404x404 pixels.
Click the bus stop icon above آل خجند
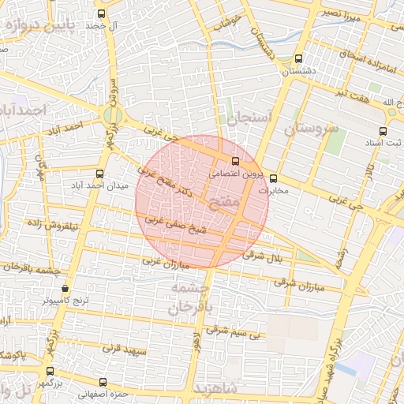[x=100, y=14]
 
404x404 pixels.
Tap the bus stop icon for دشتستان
[x=298, y=58]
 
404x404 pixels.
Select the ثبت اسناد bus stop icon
[x=383, y=131]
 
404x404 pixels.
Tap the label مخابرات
[x=274, y=190]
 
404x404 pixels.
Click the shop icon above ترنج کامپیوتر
[x=65, y=289]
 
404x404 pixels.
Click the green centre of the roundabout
[x=111, y=115]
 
